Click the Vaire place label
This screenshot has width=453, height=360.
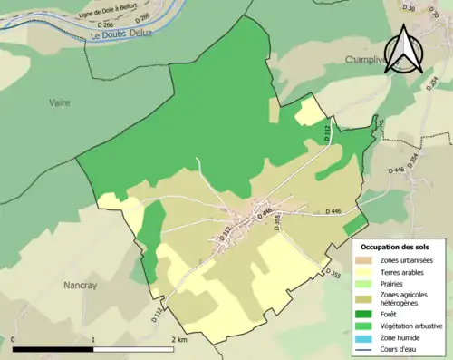59,102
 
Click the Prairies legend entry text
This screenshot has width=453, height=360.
395,283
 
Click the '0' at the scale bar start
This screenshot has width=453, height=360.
14,339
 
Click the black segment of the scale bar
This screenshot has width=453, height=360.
53,349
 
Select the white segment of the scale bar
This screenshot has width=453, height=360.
132,349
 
